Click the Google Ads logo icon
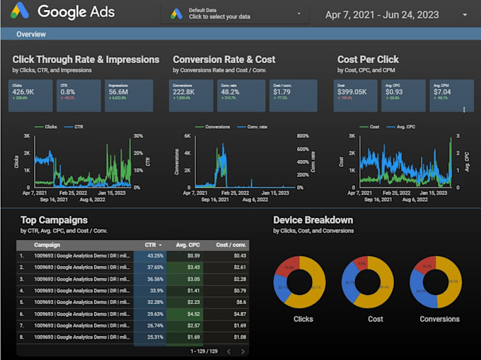pos(20,13)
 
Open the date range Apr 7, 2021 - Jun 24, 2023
pos(382,14)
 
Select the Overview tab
pos(31,34)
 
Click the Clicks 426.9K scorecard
pos(30,95)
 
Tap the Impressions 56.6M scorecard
pos(127,95)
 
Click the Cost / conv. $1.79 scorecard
pos(289,95)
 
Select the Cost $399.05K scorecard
pos(356,95)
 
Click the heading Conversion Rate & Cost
pos(224,59)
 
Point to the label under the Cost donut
pos(376,319)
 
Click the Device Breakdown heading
pos(313,220)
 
